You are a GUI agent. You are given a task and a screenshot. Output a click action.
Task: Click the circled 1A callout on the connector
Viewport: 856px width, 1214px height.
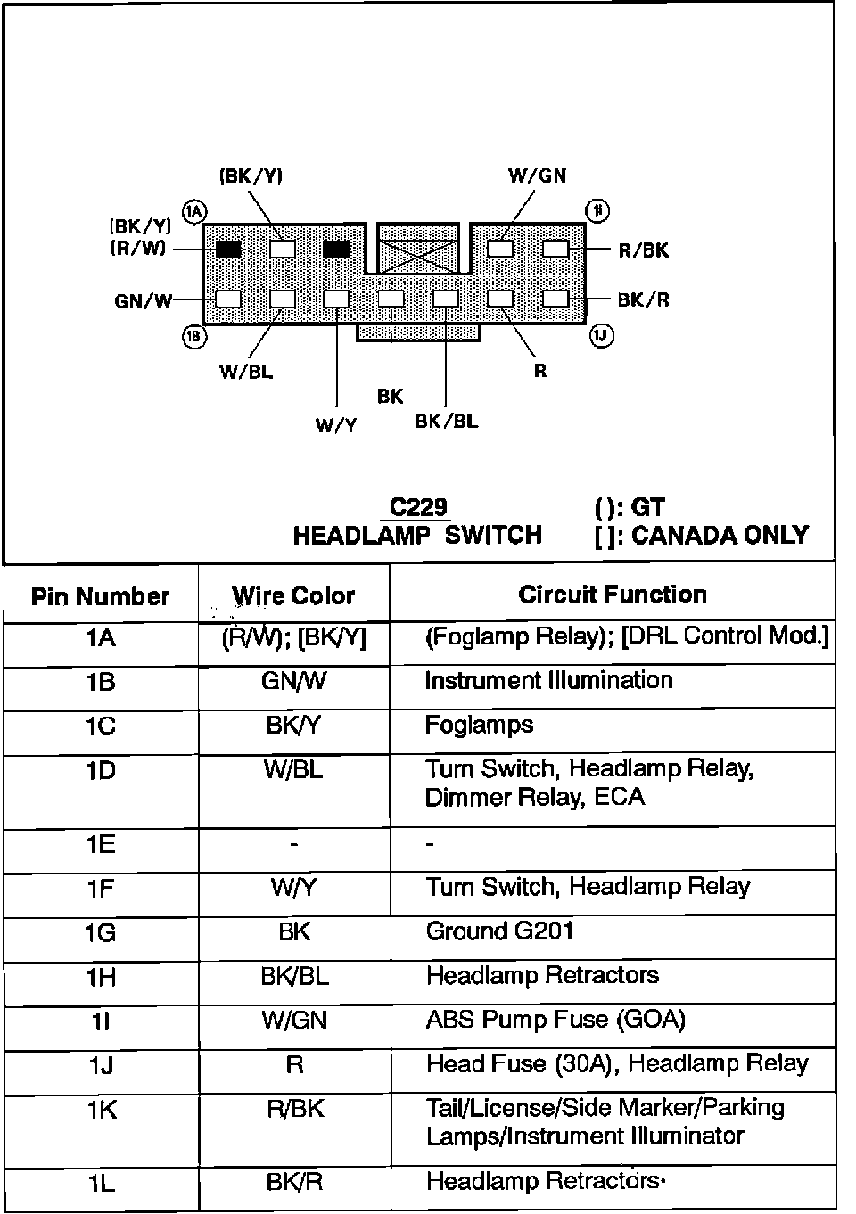[194, 211]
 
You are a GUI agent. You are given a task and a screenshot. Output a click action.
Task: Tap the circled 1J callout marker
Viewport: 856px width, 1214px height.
[601, 336]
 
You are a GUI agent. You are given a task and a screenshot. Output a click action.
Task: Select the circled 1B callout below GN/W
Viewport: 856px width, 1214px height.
[194, 337]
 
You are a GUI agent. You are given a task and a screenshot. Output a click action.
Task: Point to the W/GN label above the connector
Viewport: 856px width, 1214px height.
[538, 176]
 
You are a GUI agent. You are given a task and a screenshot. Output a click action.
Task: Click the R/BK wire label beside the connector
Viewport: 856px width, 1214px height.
[644, 250]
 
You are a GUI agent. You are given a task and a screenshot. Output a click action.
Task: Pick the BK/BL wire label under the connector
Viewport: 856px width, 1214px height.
[446, 421]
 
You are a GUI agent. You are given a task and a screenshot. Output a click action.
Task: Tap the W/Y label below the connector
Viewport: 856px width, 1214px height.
[336, 425]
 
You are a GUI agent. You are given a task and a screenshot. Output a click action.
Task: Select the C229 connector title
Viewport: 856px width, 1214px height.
[418, 507]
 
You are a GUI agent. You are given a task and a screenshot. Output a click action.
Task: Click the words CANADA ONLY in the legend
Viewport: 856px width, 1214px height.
[720, 536]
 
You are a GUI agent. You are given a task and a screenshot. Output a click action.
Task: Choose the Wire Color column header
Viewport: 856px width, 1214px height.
[293, 595]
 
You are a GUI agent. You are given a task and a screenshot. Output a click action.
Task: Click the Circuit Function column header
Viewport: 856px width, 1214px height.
[613, 595]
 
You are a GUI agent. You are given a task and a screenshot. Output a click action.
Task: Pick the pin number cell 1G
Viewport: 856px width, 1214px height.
[100, 933]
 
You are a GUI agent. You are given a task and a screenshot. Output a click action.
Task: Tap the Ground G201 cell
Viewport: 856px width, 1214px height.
[499, 931]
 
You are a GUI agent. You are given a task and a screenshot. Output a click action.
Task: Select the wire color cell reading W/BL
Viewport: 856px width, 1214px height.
[293, 769]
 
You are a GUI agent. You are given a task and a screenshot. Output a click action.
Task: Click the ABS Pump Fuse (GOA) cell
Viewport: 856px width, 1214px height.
[556, 1020]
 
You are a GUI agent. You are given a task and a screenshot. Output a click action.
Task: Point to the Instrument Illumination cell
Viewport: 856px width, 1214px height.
[548, 681]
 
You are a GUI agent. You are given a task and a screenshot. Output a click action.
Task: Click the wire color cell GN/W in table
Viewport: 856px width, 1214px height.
[293, 681]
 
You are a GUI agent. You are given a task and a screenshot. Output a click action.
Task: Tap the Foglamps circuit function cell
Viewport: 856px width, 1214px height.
[479, 726]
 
